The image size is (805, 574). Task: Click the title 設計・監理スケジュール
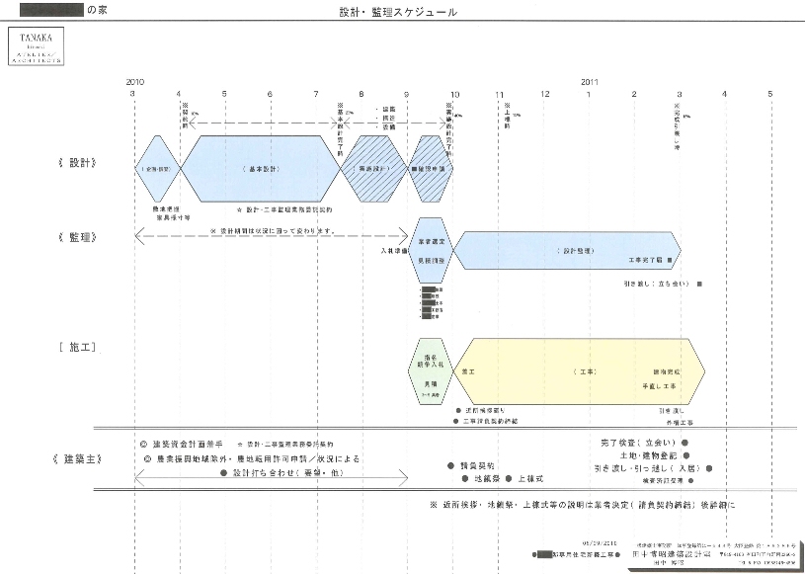click(x=397, y=14)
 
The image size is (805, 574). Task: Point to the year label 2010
click(x=135, y=81)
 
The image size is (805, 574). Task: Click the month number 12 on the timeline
click(x=544, y=94)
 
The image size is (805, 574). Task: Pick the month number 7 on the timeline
click(x=316, y=94)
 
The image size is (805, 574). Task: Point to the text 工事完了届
click(x=647, y=262)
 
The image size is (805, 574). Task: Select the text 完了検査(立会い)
click(x=637, y=442)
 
